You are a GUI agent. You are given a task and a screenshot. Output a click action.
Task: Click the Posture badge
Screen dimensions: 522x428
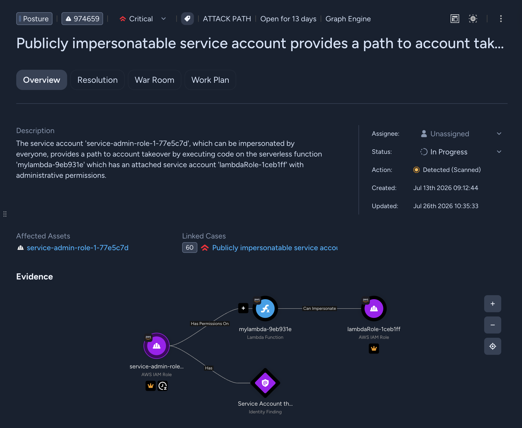pyautogui.click(x=34, y=19)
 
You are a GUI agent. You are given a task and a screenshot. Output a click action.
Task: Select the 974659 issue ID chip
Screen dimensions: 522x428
pyautogui.click(x=82, y=19)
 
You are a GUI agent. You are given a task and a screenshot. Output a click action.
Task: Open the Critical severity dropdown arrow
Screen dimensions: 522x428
pyautogui.click(x=164, y=19)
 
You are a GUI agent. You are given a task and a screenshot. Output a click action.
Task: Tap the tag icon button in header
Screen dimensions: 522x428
pyautogui.click(x=187, y=19)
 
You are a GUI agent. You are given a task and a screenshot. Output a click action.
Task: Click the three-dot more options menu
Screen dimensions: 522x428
pyautogui.click(x=501, y=19)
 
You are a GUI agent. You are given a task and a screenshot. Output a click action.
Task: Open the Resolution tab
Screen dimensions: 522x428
pyautogui.click(x=97, y=80)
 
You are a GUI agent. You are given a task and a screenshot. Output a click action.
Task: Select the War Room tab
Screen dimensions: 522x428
pyautogui.click(x=154, y=80)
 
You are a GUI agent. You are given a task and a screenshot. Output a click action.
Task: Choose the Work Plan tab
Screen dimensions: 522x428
pyautogui.click(x=210, y=80)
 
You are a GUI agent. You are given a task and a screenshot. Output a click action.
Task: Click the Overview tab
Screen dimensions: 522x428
pyautogui.click(x=42, y=80)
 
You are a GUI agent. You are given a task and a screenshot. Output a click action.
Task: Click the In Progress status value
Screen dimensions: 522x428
pyautogui.click(x=449, y=152)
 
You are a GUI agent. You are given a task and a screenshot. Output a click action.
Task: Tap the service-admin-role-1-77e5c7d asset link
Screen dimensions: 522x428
pyautogui.click(x=78, y=248)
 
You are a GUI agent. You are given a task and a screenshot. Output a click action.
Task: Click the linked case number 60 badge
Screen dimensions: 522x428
pyautogui.click(x=190, y=248)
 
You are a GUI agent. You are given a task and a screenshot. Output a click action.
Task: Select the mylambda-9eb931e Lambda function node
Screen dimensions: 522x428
pyautogui.click(x=265, y=308)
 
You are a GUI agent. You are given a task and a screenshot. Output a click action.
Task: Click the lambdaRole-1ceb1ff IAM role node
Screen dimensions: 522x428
pyautogui.click(x=374, y=308)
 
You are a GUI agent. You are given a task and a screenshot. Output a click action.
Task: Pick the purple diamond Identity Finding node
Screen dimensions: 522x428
pyautogui.click(x=265, y=383)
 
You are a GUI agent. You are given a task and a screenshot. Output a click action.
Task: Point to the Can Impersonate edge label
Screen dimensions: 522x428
pyautogui.click(x=320, y=308)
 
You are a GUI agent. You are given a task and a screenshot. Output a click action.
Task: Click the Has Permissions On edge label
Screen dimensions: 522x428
pyautogui.click(x=210, y=324)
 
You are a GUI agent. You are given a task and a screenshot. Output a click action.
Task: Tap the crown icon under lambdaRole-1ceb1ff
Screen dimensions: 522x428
pyautogui.click(x=374, y=348)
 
